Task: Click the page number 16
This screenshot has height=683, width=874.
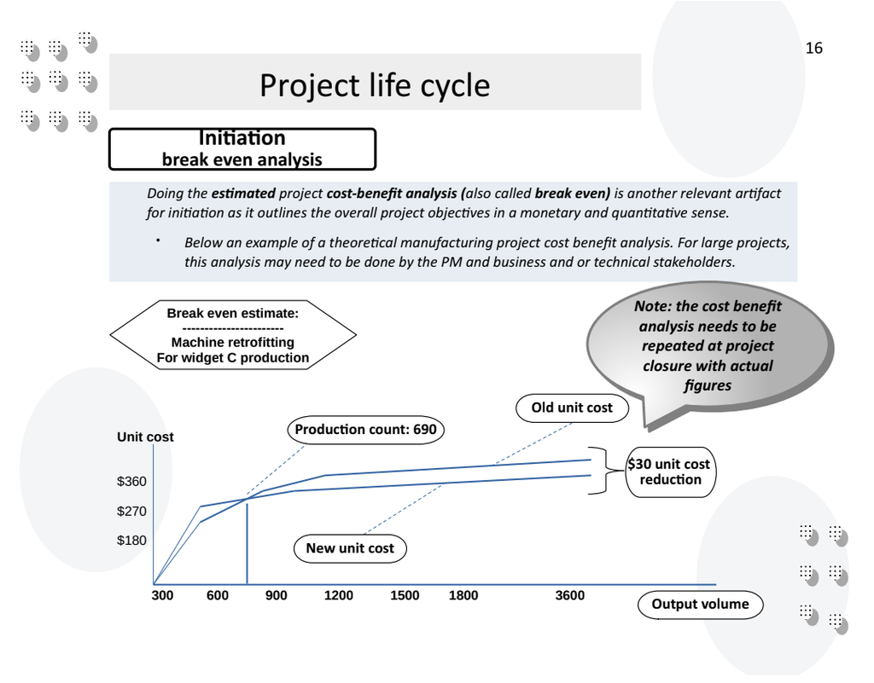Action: pos(813,49)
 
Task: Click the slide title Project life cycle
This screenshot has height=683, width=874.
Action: pos(375,85)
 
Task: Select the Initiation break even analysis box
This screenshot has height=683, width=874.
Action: pos(242,149)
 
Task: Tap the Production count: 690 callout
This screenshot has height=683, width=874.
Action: pos(365,430)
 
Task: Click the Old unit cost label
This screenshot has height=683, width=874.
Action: pos(572,408)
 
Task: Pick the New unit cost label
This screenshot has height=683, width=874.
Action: pos(350,548)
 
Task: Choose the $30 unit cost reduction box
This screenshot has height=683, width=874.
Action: pos(670,472)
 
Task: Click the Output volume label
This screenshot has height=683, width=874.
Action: pos(700,605)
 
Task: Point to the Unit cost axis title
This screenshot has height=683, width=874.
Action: pos(145,437)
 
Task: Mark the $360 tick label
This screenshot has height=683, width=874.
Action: pos(131,482)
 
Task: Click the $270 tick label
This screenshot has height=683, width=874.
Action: pos(131,512)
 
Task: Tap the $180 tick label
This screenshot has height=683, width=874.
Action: pos(131,541)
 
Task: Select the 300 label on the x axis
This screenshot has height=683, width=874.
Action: pos(162,596)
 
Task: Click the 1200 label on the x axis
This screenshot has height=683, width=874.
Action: pos(339,596)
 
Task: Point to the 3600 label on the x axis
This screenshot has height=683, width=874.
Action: pos(570,596)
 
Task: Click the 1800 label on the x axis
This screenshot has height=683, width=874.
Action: pos(463,596)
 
